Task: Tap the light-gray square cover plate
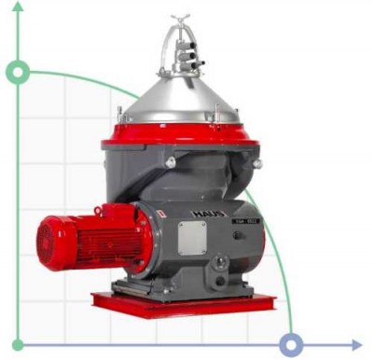point(192,238)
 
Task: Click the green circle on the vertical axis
point(18,72)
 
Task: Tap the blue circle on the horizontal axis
point(292,345)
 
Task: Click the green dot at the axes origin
point(18,345)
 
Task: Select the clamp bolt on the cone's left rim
point(120,114)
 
